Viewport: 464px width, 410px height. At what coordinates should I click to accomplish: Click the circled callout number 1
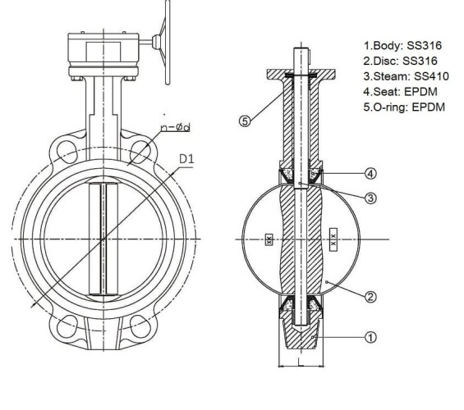point(370,337)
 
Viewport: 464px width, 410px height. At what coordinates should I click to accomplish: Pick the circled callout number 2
point(370,296)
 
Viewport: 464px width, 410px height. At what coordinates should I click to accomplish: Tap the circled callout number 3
point(371,198)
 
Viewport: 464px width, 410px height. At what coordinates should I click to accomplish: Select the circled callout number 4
point(370,173)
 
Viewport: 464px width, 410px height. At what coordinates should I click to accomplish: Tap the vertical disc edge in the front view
point(103,239)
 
